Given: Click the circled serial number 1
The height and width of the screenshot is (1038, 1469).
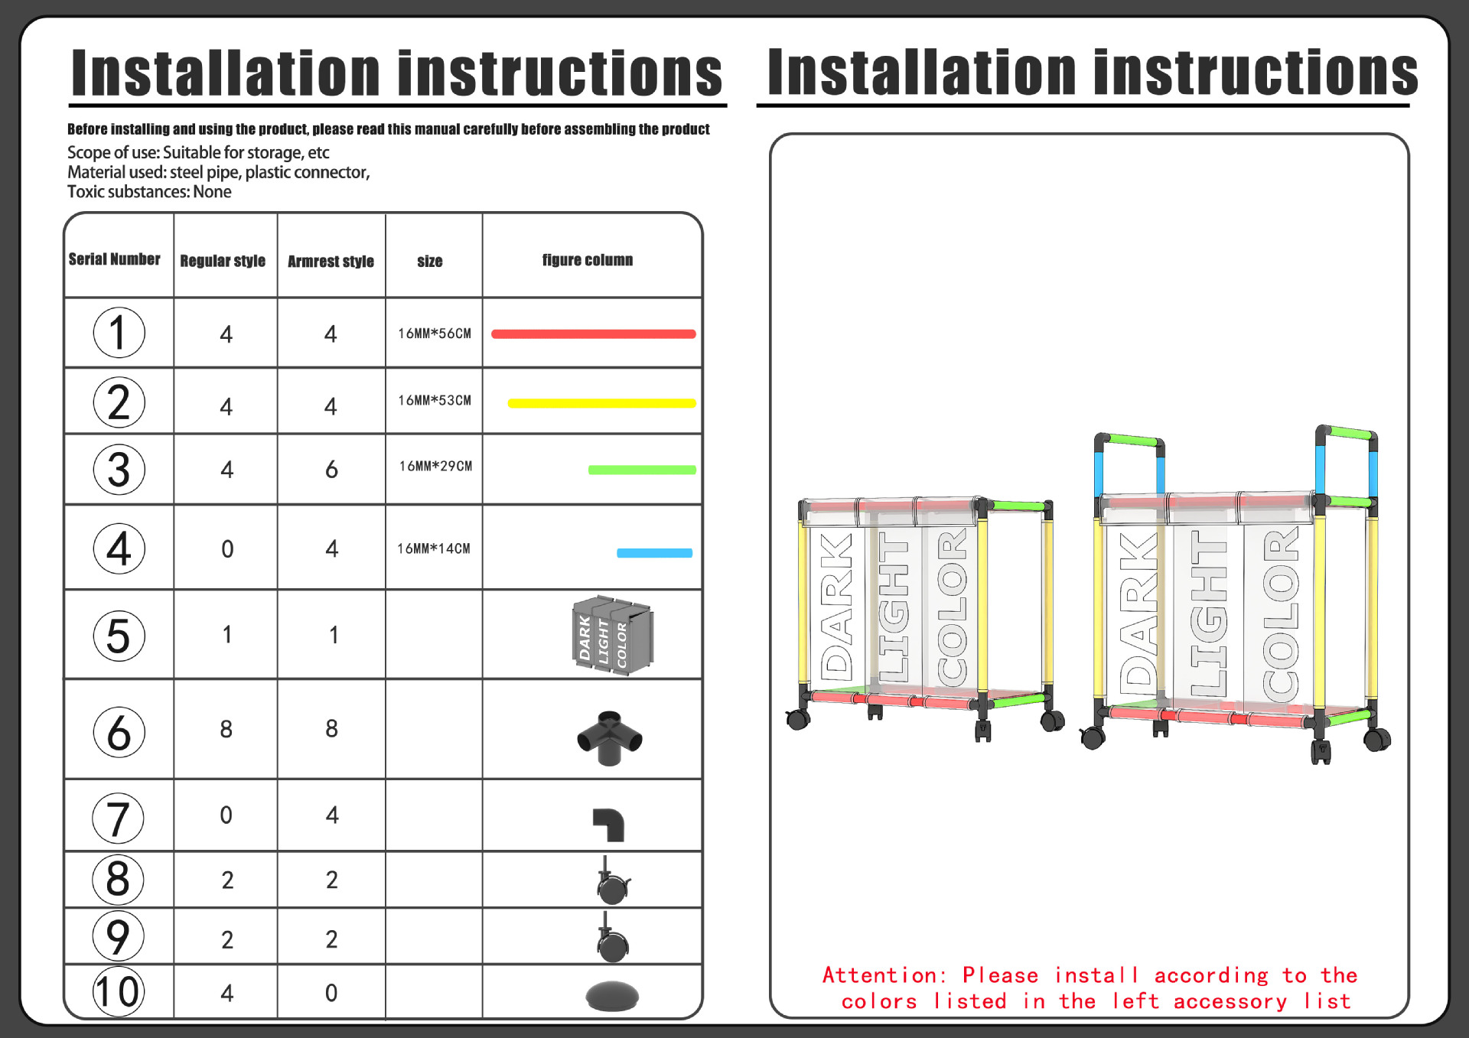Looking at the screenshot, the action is (119, 333).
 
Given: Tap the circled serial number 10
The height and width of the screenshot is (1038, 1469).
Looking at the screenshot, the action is (118, 991).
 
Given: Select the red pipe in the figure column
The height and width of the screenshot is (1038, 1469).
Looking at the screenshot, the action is (593, 334).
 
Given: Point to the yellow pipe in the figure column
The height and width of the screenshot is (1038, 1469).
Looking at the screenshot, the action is (601, 403).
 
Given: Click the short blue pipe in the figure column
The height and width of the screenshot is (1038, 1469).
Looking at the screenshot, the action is (654, 553).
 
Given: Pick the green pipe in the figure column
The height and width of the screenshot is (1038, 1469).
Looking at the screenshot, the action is (642, 470).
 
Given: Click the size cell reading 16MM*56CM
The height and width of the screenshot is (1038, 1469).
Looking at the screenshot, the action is (435, 334).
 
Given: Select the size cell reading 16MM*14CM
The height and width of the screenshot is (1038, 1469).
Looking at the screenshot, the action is (434, 548).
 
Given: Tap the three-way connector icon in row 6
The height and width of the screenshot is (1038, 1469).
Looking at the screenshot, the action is (609, 737).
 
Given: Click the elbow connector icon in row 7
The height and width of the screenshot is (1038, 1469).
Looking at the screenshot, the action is (610, 824).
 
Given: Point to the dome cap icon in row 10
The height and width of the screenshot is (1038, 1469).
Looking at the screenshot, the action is (611, 995).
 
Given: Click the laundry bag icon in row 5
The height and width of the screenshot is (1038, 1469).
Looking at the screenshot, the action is (612, 635).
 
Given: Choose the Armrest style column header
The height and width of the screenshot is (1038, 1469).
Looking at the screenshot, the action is (331, 262).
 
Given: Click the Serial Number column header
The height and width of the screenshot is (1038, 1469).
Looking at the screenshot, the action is (115, 259).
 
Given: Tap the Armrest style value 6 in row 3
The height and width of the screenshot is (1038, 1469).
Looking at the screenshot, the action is (331, 469).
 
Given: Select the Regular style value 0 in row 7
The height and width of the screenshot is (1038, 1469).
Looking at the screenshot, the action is (226, 815).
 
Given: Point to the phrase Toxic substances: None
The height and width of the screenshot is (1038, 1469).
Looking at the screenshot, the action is (149, 192).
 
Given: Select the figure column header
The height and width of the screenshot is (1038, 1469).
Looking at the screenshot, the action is (588, 260).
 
